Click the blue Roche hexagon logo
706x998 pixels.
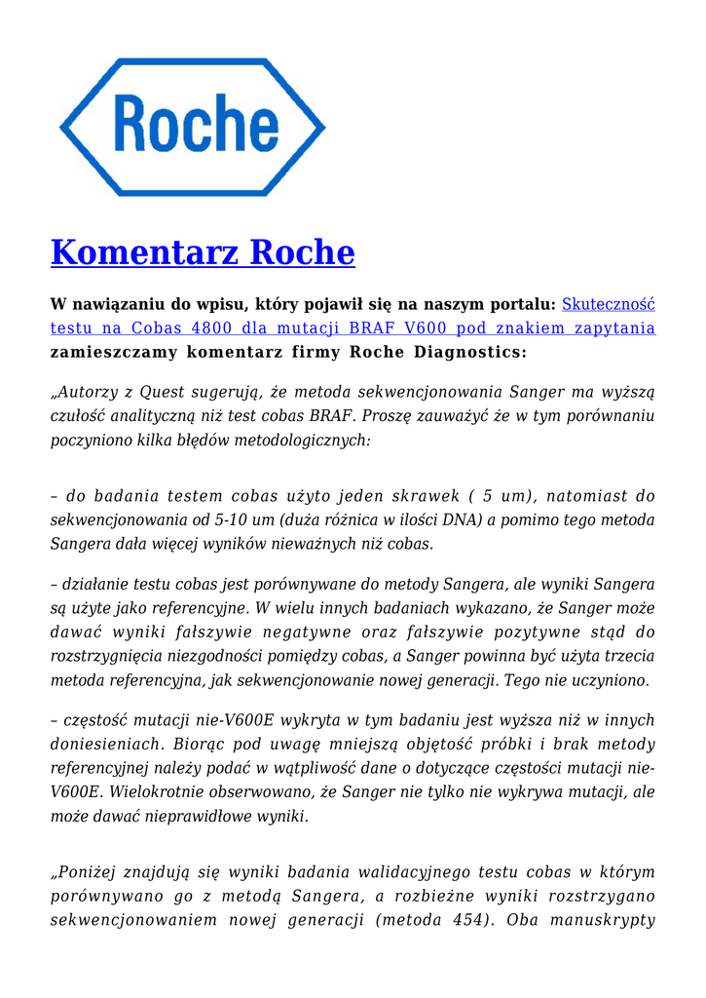(x=193, y=127)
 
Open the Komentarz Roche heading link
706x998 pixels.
(x=203, y=252)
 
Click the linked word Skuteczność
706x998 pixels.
(x=609, y=304)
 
